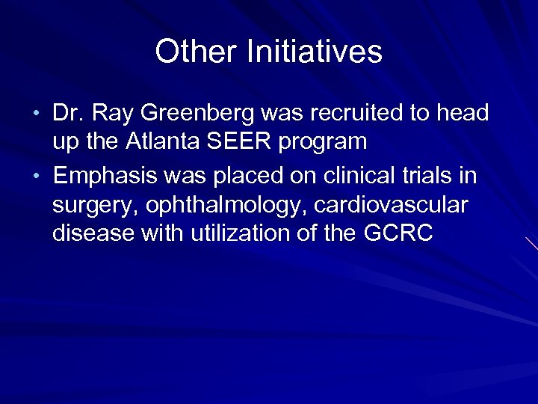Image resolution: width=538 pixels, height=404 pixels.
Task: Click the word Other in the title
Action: [197, 52]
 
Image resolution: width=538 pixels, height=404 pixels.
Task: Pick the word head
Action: [461, 114]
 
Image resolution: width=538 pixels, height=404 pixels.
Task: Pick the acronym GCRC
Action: [398, 233]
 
